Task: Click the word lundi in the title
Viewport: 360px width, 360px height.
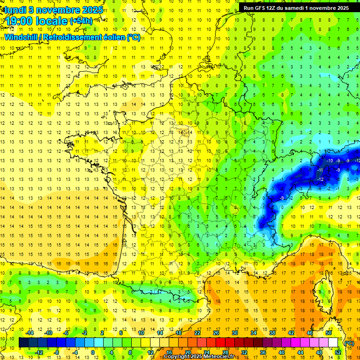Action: pos(16,10)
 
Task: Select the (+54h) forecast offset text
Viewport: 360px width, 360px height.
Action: pos(81,21)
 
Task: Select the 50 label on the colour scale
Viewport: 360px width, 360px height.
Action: pos(329,333)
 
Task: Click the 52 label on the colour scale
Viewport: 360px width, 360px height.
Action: pos(337,352)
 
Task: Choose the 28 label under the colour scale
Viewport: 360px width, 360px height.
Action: pos(225,352)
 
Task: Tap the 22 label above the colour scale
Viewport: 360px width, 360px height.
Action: pos(197,333)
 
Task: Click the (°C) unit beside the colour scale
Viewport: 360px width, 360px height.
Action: pos(349,343)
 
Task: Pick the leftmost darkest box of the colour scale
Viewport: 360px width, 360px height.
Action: pos(23,343)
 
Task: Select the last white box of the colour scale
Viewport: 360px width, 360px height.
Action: pos(333,343)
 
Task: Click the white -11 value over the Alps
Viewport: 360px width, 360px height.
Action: pos(321,170)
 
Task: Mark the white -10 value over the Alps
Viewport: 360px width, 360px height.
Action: pos(330,161)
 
